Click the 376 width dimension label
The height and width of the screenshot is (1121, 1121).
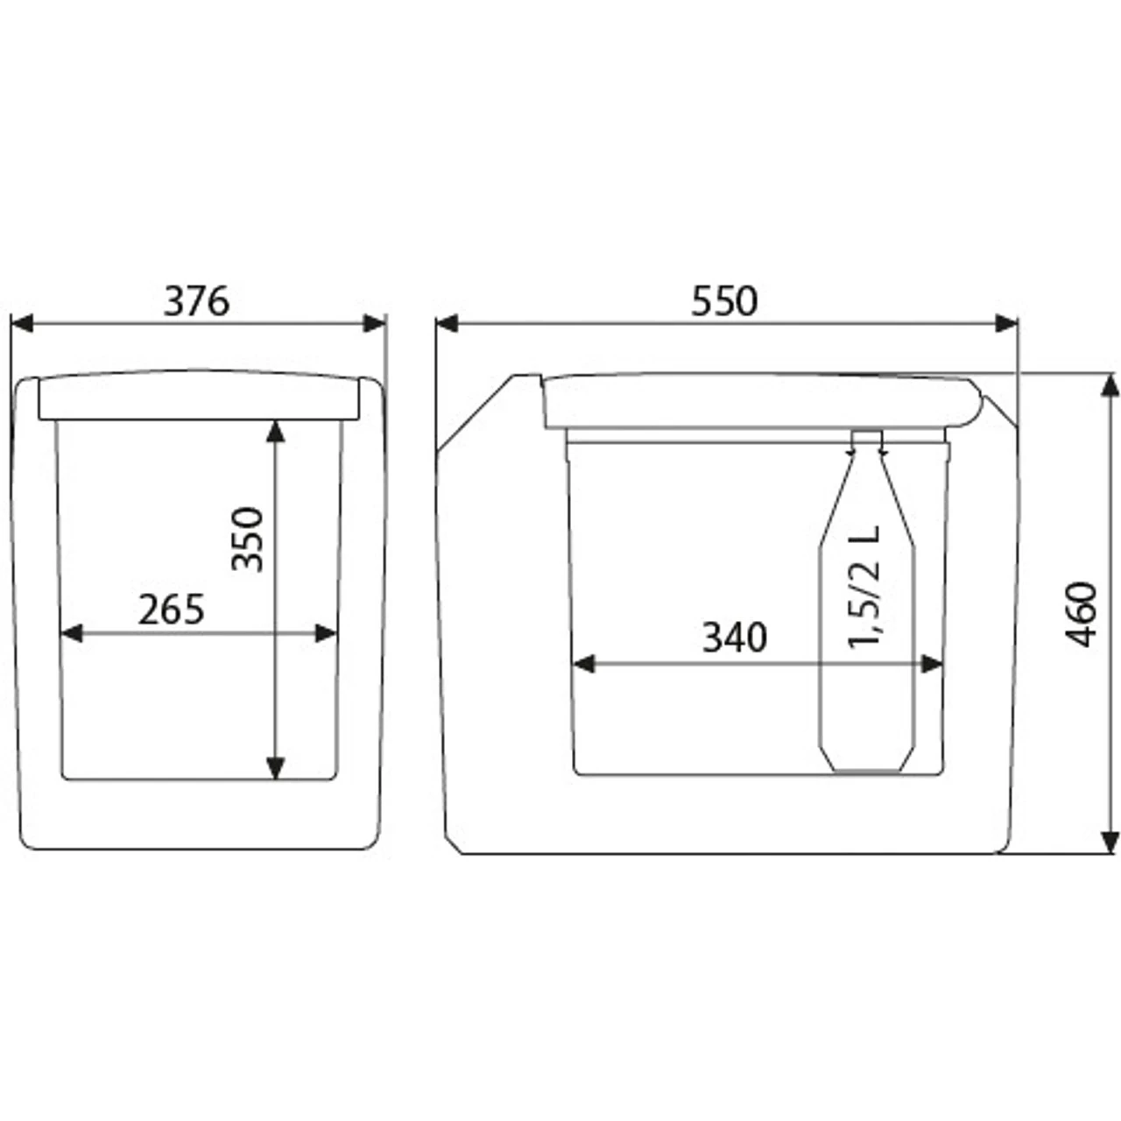coord(197,301)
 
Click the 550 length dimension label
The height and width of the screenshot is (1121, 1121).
coord(724,301)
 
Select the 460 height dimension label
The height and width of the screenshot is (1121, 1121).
coord(1081,614)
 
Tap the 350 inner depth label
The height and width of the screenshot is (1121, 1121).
coord(247,539)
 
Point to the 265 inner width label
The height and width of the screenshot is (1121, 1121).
coord(171,610)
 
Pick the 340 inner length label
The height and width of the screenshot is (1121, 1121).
coord(735,638)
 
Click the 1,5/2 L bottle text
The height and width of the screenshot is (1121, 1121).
coord(865,588)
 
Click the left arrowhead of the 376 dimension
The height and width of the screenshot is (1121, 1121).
coord(22,323)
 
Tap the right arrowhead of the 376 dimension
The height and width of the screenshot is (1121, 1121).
coord(374,323)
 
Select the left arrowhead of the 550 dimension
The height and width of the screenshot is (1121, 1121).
coord(447,323)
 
